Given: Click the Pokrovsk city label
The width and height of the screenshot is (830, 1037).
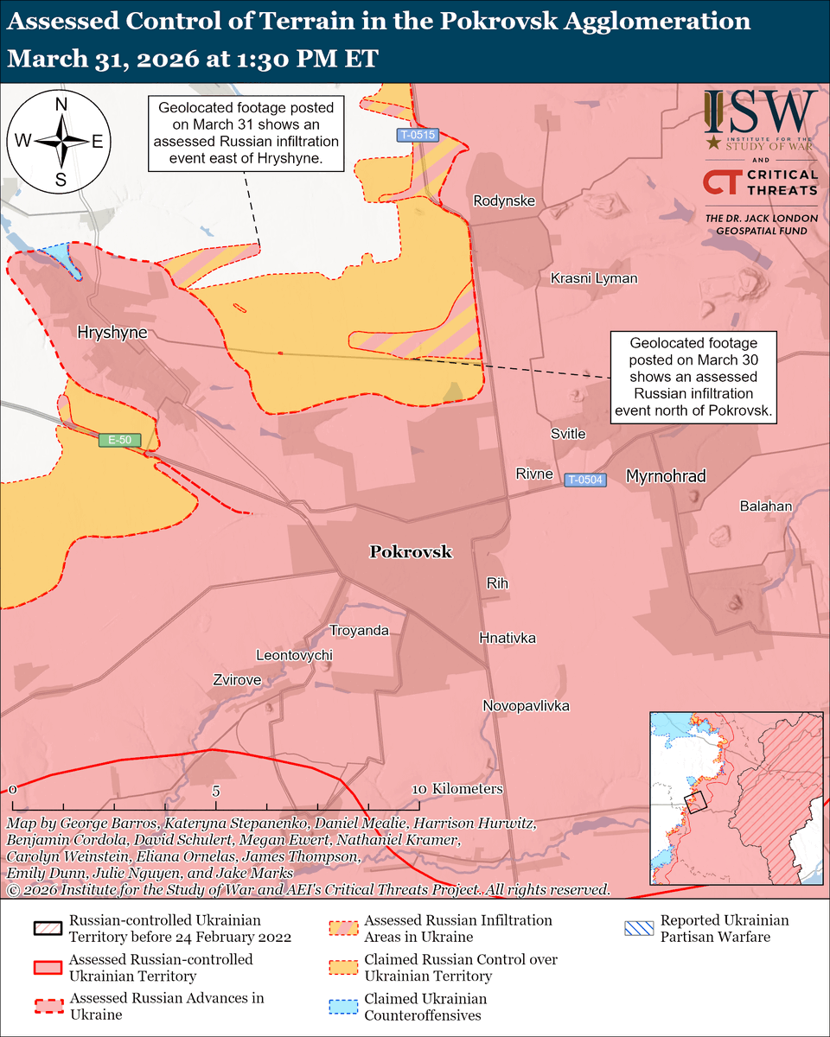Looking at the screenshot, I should tap(411, 552).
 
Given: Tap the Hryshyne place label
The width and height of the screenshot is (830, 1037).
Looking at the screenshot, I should tap(112, 332).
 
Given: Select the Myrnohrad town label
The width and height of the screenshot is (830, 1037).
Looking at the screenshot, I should tap(666, 476).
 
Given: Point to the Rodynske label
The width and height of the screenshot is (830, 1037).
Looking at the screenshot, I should tap(504, 201).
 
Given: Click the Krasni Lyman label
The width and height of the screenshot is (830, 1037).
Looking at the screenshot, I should tap(594, 278).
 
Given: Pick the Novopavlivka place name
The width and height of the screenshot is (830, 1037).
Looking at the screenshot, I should tap(526, 706).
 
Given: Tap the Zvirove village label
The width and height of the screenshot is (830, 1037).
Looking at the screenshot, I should tap(237, 680).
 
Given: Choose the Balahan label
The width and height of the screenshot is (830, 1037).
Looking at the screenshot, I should tap(765, 506).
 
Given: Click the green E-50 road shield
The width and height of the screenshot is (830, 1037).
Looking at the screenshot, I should tap(118, 440).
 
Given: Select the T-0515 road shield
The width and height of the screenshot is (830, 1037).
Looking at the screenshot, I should tap(418, 135).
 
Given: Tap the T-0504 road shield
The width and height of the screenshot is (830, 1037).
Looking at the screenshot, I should tap(585, 480).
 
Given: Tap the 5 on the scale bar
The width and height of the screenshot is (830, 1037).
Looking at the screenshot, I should tap(216, 791).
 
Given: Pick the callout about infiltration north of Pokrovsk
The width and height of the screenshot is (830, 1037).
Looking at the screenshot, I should tap(693, 379).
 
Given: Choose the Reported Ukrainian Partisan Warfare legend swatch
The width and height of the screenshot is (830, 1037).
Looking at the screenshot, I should tap(639, 929).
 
